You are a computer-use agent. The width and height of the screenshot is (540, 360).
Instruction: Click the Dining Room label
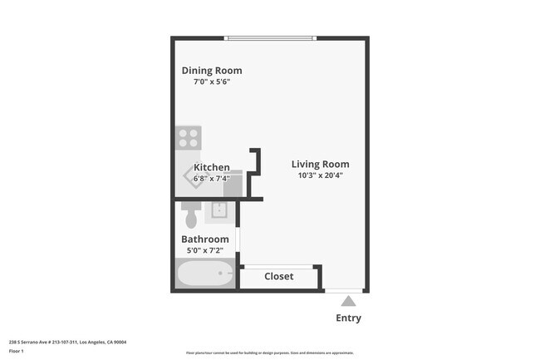coord(212,71)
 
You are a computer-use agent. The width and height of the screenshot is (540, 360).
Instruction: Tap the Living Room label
coord(320,164)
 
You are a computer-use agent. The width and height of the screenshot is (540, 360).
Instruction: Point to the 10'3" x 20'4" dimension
coord(320,175)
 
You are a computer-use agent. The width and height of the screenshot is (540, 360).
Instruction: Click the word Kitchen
coord(212,167)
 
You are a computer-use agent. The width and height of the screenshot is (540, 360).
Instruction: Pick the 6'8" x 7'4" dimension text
coord(211,178)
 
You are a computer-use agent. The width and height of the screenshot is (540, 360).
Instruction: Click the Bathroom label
coord(205,239)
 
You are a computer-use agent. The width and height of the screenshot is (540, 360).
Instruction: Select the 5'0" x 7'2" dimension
coord(205,250)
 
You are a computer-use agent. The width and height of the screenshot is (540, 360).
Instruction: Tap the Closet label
coord(278,277)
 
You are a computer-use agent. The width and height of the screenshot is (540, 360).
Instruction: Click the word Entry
coord(348,318)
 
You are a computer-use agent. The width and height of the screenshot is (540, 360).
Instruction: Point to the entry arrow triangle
coord(348,301)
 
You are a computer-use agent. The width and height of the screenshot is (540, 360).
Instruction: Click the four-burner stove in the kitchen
coord(189,137)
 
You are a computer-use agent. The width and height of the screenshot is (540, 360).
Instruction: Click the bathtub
coord(205,273)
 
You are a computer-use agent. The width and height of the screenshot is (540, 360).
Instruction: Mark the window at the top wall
coord(271,38)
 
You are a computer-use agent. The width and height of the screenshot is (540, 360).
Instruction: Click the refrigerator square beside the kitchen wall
coord(233,185)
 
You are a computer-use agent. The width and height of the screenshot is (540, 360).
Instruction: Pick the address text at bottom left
coord(67,342)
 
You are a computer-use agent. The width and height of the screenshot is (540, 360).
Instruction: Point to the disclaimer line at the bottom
coord(269,353)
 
